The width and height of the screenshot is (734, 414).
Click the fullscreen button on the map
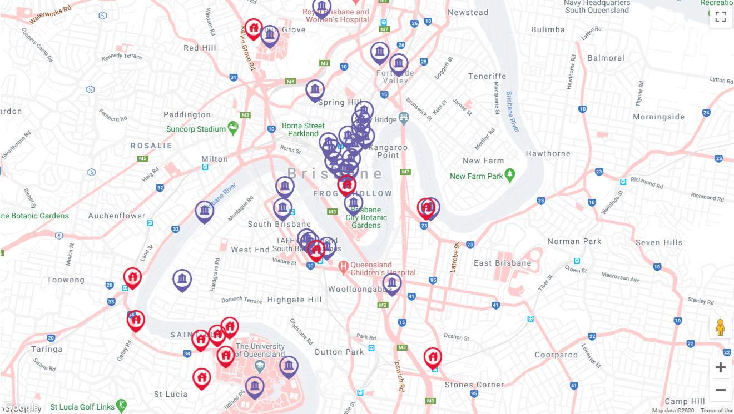pyautogui.click(x=720, y=17)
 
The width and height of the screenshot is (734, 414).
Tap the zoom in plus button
pyautogui.click(x=720, y=367)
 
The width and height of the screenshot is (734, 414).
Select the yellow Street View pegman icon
pyautogui.click(x=720, y=327)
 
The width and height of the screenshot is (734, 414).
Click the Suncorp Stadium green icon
pyautogui.click(x=233, y=129)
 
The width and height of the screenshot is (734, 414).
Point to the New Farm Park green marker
pyautogui.click(x=510, y=176)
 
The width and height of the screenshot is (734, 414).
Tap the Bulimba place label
pyautogui.click(x=548, y=29)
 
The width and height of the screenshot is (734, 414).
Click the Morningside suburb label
pyautogui.click(x=658, y=117)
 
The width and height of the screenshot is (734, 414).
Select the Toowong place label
pyautogui.click(x=66, y=280)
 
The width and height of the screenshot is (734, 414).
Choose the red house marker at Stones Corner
pyautogui.click(x=433, y=357)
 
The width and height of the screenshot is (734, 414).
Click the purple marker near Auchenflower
pyautogui.click(x=205, y=211)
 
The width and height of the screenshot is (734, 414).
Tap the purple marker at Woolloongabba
pyautogui.click(x=392, y=283)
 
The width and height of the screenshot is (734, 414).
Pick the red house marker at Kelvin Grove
pyautogui.click(x=254, y=28)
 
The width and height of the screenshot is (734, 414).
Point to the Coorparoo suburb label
pyautogui.click(x=556, y=355)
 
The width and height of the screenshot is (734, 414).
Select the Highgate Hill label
pyautogui.click(x=294, y=300)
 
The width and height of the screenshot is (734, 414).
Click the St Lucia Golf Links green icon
pyautogui.click(x=121, y=406)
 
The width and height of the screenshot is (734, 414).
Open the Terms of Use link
pyautogui.click(x=717, y=411)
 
